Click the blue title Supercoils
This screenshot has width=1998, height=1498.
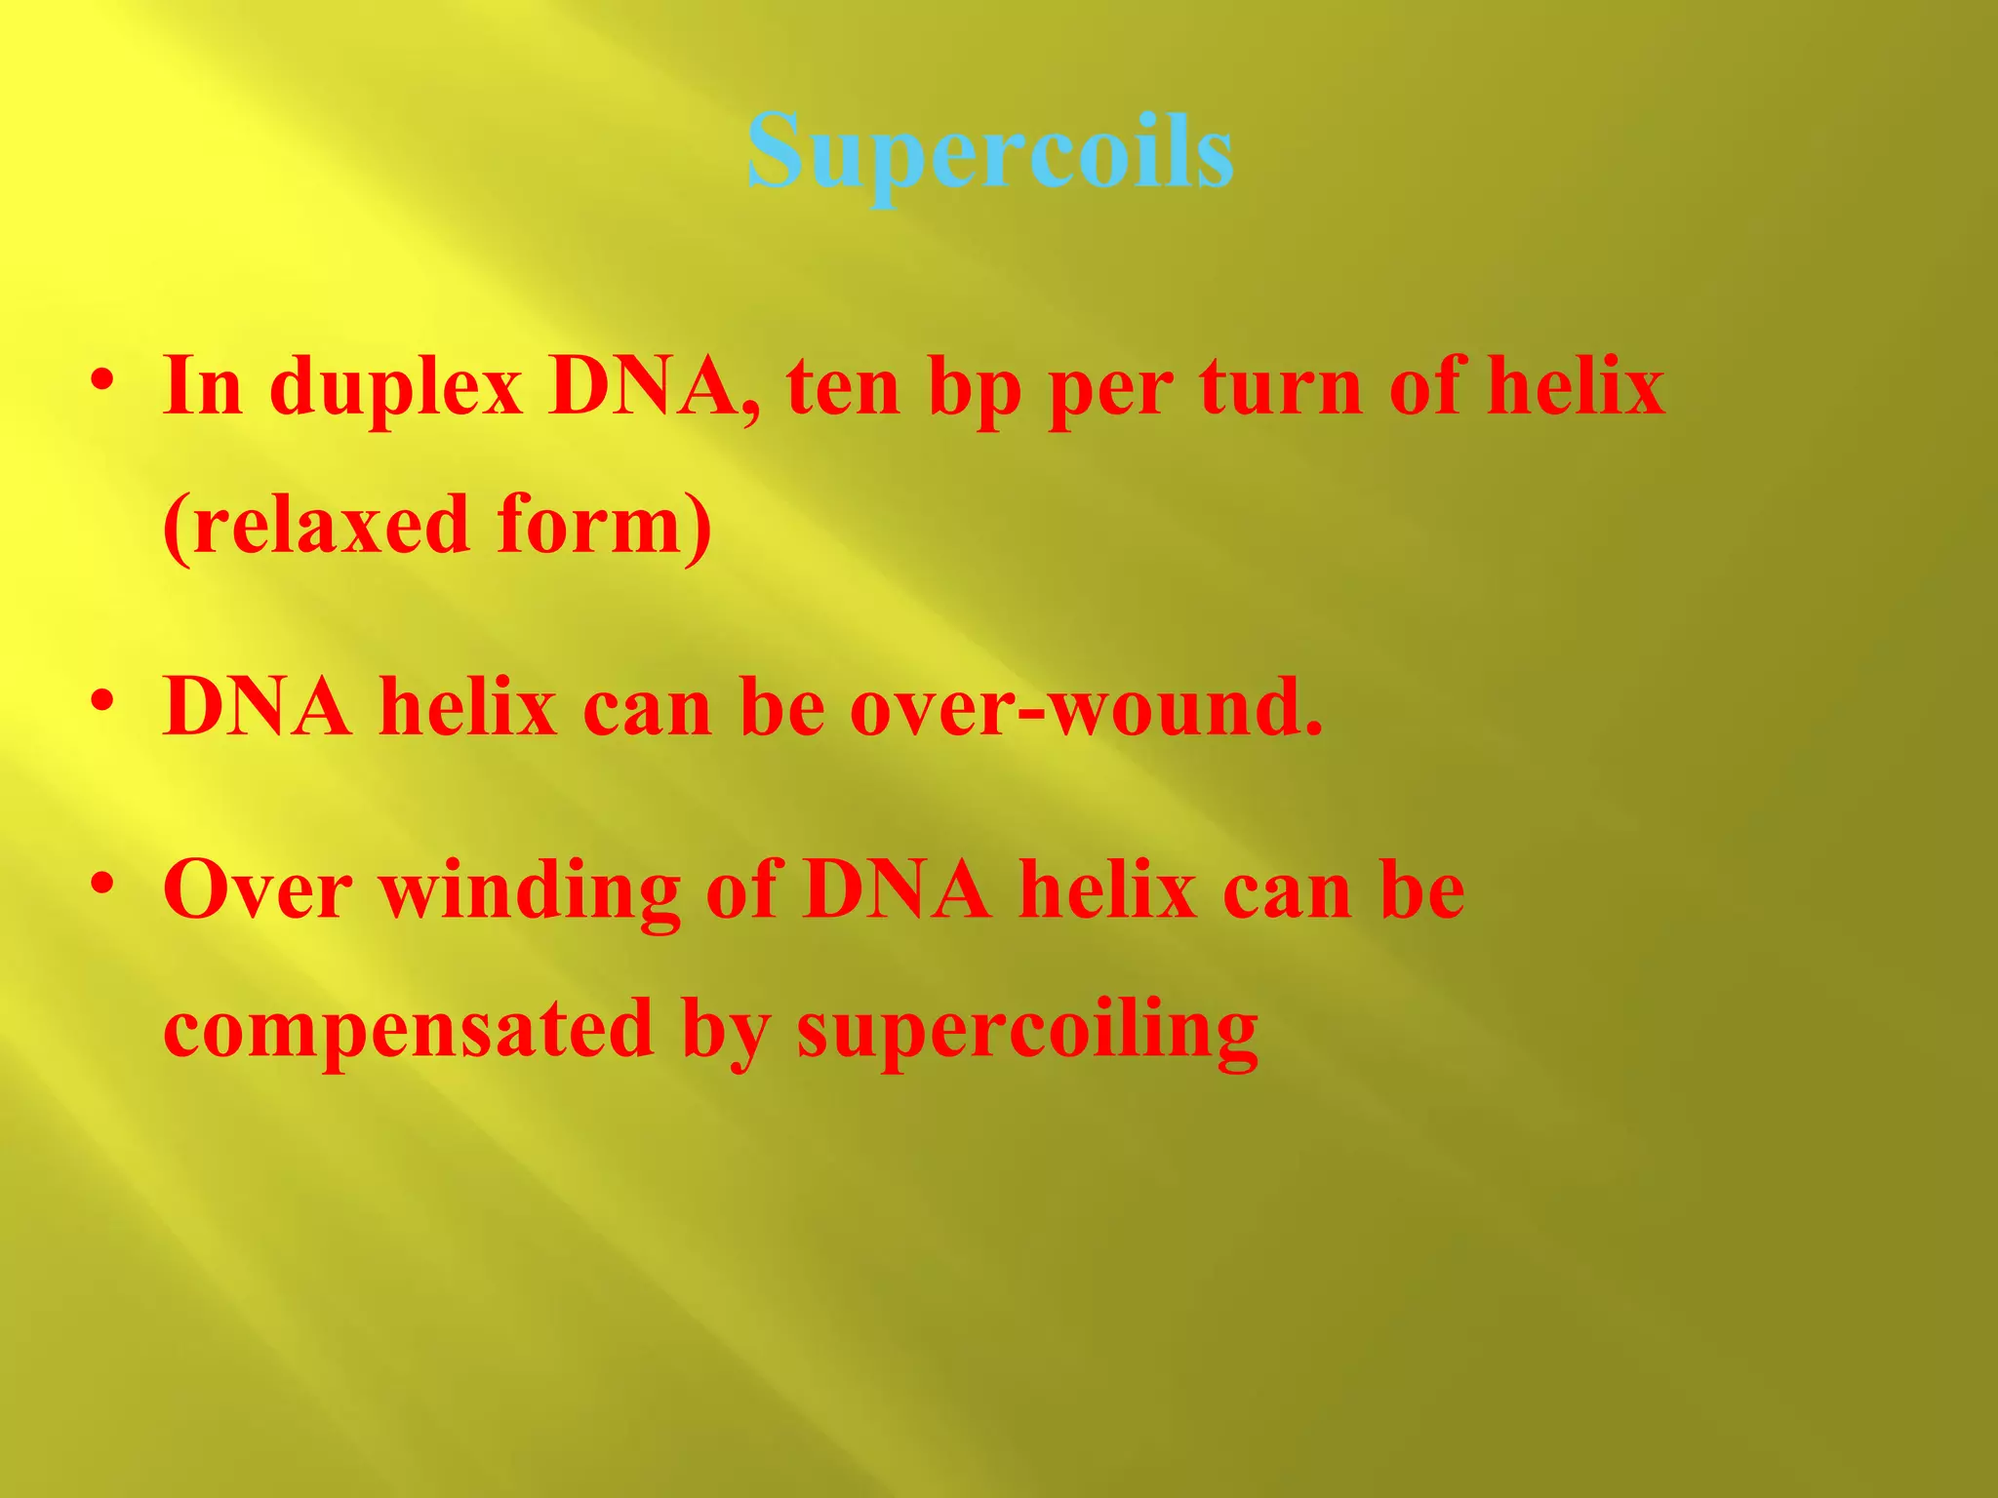990,153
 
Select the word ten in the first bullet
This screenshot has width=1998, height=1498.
844,387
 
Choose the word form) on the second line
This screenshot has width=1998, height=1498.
605,527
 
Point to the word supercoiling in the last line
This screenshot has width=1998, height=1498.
1027,1032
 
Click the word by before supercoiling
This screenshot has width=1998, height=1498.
726,1032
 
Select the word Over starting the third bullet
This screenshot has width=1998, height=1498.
258,890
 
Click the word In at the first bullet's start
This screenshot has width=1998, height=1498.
203,387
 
